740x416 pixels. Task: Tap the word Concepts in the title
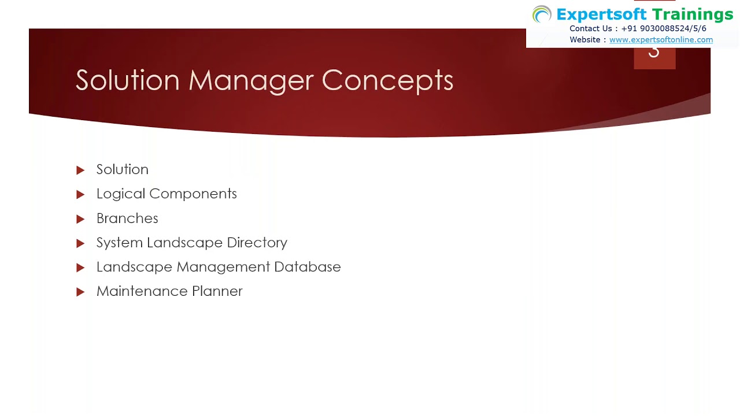387,80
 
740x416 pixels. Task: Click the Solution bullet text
122,169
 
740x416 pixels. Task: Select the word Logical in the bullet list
120,194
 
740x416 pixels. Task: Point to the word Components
193,194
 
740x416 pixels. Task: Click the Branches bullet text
127,218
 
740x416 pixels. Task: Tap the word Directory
257,243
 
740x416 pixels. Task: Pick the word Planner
217,291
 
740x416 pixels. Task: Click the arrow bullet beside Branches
80,219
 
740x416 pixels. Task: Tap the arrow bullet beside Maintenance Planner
80,292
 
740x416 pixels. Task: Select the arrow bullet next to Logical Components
80,195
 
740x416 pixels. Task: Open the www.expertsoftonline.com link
661,40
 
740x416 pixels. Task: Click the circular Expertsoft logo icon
542,14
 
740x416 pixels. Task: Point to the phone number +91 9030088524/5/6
664,28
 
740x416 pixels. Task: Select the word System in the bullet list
119,243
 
